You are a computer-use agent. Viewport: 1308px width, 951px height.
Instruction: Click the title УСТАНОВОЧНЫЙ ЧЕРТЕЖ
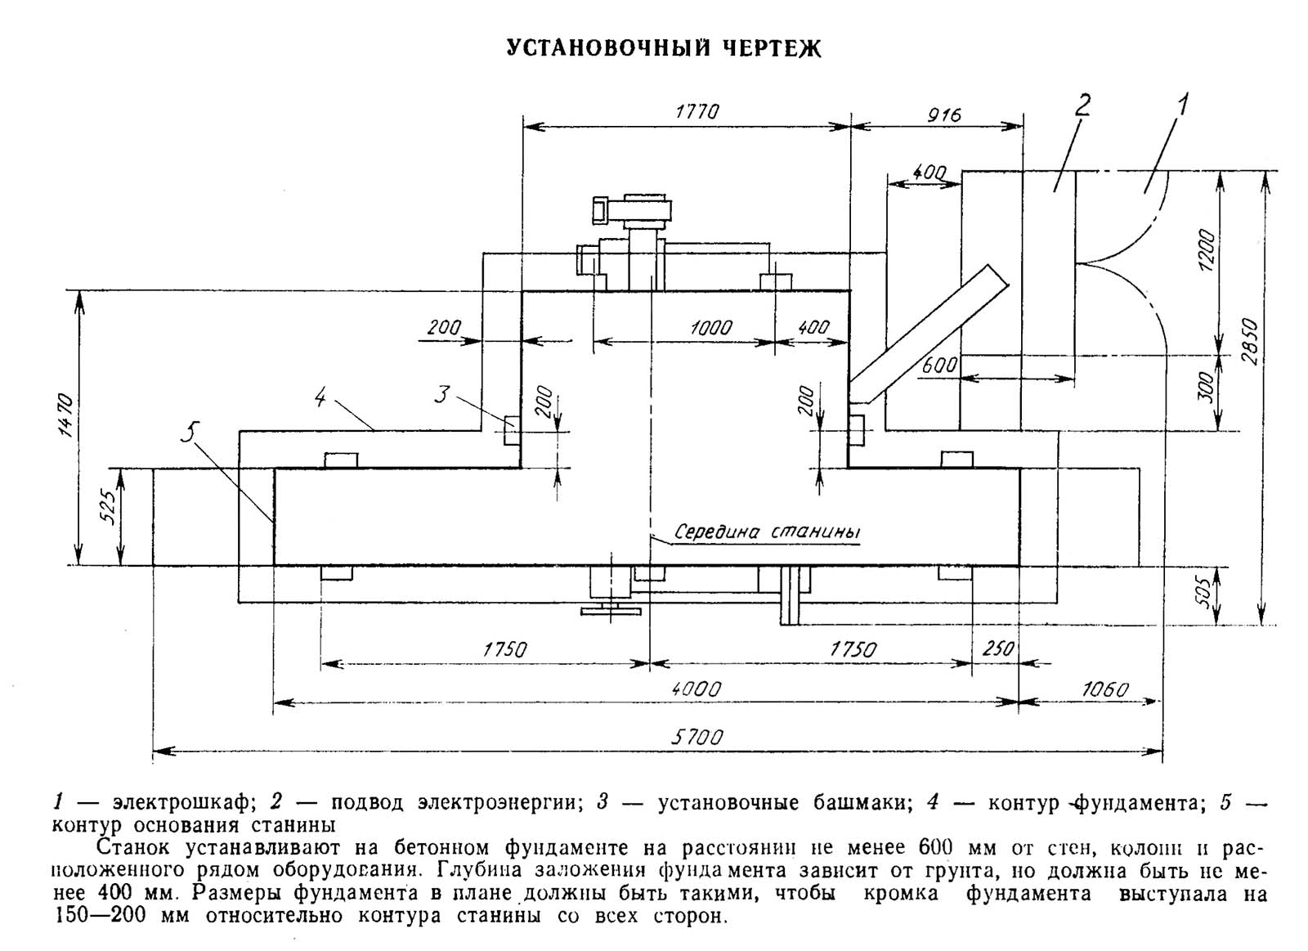tap(664, 48)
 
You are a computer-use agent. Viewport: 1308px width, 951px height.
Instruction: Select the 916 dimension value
tap(943, 114)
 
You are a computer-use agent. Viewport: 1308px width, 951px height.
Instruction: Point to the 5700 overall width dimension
tap(697, 738)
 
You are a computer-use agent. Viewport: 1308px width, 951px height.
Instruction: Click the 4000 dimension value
tap(697, 689)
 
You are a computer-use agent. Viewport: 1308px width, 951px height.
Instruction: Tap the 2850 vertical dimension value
tap(1250, 342)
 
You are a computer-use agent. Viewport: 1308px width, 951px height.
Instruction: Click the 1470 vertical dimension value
tap(66, 416)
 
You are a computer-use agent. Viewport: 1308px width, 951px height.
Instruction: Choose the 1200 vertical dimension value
tap(1207, 251)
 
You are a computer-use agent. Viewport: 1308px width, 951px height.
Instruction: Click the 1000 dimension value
tap(710, 327)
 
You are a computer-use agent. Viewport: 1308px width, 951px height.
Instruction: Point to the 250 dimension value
tap(998, 648)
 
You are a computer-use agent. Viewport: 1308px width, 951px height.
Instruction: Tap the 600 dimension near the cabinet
tap(939, 366)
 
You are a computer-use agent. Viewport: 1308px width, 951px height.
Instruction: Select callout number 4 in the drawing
tap(320, 397)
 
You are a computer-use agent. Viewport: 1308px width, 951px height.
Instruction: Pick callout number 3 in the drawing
tap(442, 394)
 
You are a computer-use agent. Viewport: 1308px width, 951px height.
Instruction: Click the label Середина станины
tap(768, 532)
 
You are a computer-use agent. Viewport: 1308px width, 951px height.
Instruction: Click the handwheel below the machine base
tap(611, 611)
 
